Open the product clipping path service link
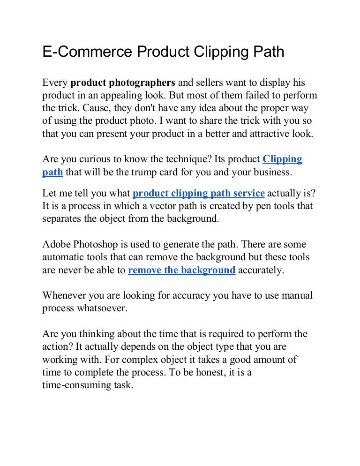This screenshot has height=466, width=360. click(x=199, y=193)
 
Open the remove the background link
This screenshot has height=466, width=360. click(x=181, y=270)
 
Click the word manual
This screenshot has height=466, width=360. click(x=297, y=296)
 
